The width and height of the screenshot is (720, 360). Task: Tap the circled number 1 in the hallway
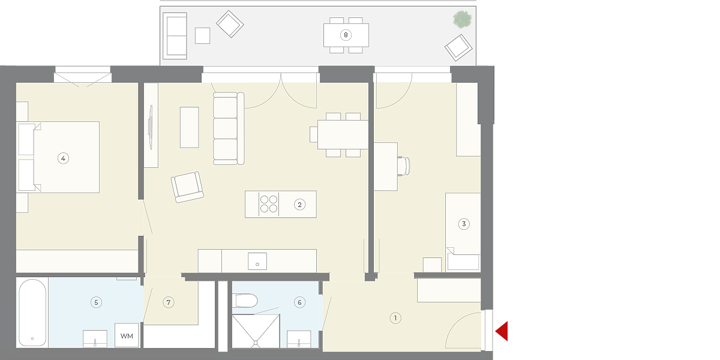(x=395, y=318)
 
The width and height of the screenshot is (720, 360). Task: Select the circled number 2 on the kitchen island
(x=299, y=205)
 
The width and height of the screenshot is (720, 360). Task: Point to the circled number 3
(x=464, y=224)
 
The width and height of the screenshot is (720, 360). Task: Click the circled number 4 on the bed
(x=63, y=158)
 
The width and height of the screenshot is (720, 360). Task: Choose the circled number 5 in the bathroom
(x=96, y=302)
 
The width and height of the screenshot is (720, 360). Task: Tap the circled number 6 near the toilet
(x=299, y=302)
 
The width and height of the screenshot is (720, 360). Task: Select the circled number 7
(x=169, y=302)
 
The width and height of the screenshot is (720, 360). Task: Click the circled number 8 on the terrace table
(x=346, y=35)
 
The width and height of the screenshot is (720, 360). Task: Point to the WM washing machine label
(x=127, y=336)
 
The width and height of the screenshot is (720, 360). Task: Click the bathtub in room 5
(x=32, y=313)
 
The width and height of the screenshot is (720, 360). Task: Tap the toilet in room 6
(x=245, y=301)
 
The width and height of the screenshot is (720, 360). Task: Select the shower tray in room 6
(x=256, y=331)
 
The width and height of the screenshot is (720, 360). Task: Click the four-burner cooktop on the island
(x=269, y=204)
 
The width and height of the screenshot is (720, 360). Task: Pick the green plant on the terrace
(x=462, y=19)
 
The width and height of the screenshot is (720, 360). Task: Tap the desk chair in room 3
(x=404, y=166)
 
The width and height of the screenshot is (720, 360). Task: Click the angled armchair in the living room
(x=187, y=187)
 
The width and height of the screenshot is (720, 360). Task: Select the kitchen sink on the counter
(x=257, y=261)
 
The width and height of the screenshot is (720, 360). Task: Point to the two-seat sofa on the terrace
(x=175, y=36)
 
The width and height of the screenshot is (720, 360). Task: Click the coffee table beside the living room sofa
(x=190, y=127)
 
